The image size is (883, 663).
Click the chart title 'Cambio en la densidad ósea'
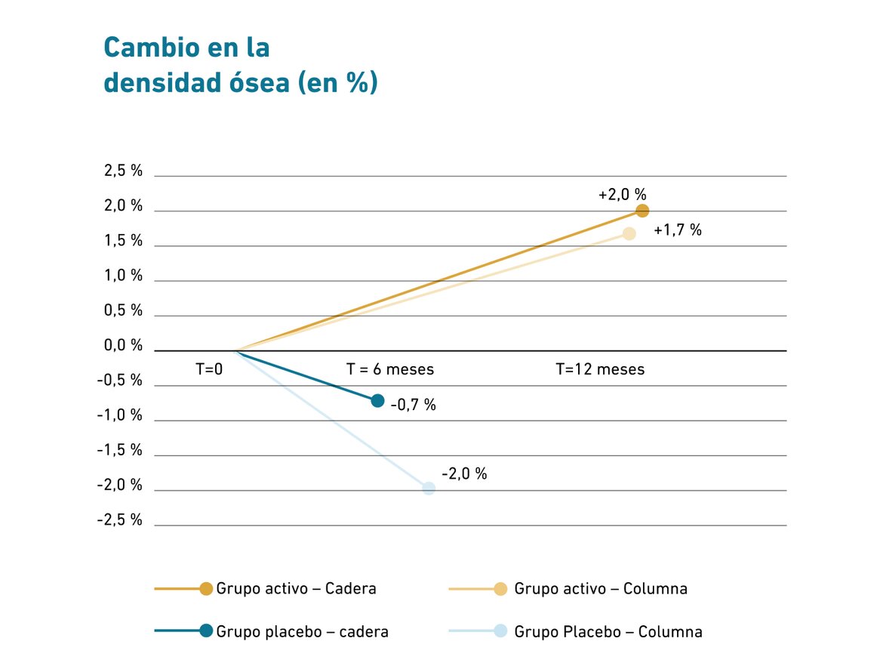pos(240,65)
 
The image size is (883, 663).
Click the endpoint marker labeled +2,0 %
pos(642,211)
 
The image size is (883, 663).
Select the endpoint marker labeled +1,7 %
pos(629,233)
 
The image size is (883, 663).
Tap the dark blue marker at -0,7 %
pos(378,400)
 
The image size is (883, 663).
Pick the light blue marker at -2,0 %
pos(429,488)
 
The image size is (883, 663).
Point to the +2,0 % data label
pos(623,195)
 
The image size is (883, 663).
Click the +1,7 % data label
pos(678,230)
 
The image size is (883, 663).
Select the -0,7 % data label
pos(414,405)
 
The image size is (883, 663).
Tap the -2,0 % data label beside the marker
pos(464,474)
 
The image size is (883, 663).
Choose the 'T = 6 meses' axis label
pos(390,369)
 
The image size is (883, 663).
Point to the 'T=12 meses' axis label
pos(601,369)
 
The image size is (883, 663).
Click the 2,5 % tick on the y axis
pos(124,171)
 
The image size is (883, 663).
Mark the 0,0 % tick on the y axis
pos(124,346)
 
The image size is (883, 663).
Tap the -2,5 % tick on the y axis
pos(120,520)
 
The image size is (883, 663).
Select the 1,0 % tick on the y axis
pos(124,276)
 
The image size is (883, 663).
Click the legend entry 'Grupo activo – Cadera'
pos(296,589)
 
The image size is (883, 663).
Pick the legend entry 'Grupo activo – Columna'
pos(601,589)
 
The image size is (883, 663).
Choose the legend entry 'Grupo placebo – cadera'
pos(302,631)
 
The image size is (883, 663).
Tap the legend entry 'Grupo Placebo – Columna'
pos(608,631)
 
